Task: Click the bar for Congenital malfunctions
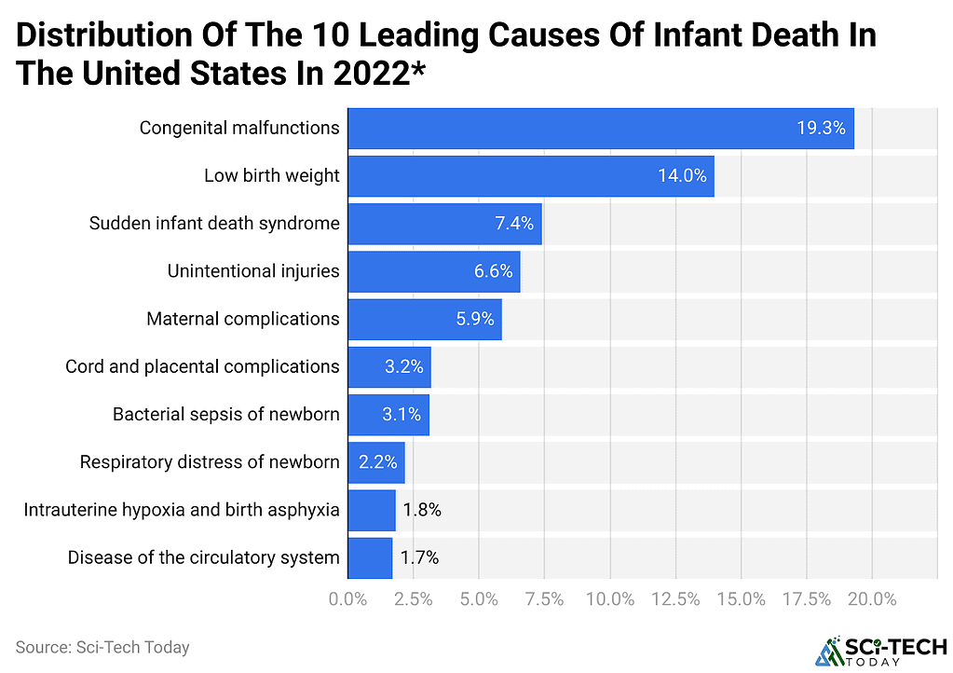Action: tap(601, 129)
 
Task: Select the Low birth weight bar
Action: tap(531, 175)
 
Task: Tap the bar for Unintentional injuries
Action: tap(434, 271)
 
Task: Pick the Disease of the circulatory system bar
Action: tap(370, 557)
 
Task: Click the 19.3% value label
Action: tap(821, 128)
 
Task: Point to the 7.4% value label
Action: tap(514, 223)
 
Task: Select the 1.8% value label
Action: tap(422, 510)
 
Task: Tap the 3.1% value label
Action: tap(402, 414)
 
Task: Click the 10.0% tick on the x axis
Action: tap(610, 599)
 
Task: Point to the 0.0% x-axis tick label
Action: tap(347, 599)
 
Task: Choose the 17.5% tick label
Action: tap(807, 599)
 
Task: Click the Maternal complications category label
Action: tap(243, 319)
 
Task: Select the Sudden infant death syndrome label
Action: tap(214, 223)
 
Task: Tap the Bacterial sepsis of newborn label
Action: tap(226, 414)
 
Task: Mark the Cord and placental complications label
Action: tap(202, 366)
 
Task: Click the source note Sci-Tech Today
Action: tap(102, 648)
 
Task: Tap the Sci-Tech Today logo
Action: tap(880, 652)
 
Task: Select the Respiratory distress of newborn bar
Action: tap(376, 462)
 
